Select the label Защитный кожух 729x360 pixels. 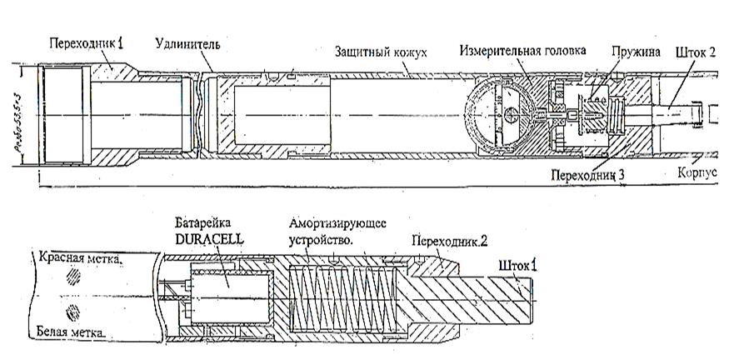click(381, 52)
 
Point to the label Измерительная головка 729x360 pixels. click(522, 50)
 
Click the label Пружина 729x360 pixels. click(634, 52)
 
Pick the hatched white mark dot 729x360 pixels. click(76, 312)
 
